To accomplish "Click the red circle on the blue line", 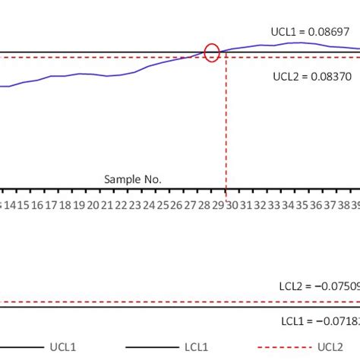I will click(213, 53).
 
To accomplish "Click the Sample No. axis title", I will click(133, 179).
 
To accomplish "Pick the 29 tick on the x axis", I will click(218, 205).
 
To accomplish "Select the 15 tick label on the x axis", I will click(23, 205).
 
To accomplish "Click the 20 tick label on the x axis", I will click(93, 205).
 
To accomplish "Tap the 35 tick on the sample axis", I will click(302, 205).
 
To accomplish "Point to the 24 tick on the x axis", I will click(148, 205).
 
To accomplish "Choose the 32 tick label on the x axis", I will click(260, 205).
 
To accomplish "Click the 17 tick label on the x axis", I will click(51, 205).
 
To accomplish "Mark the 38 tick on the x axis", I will click(343, 205).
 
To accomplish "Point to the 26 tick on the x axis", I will click(176, 205).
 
